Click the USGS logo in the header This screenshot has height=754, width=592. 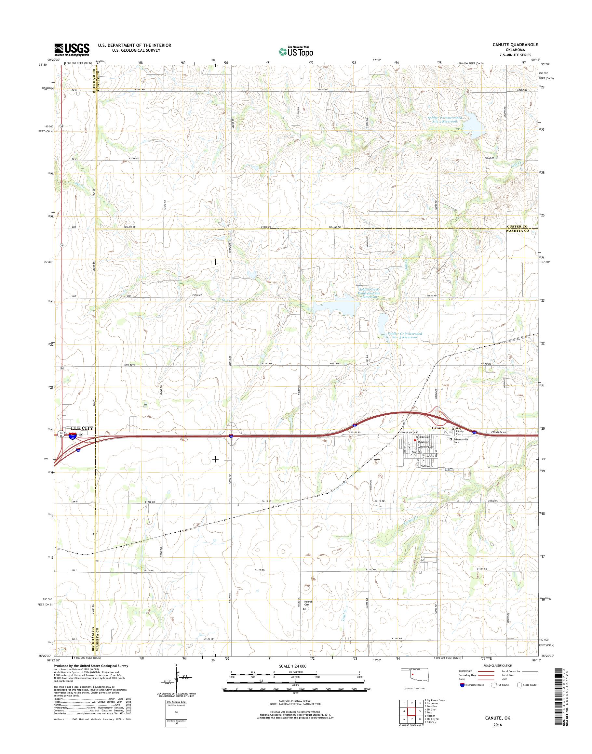72,49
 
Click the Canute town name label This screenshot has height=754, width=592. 437,428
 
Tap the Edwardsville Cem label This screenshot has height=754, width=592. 462,441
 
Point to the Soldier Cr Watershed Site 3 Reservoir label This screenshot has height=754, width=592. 405,335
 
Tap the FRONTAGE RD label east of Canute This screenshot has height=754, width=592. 498,433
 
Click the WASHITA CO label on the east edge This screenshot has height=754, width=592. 518,231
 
